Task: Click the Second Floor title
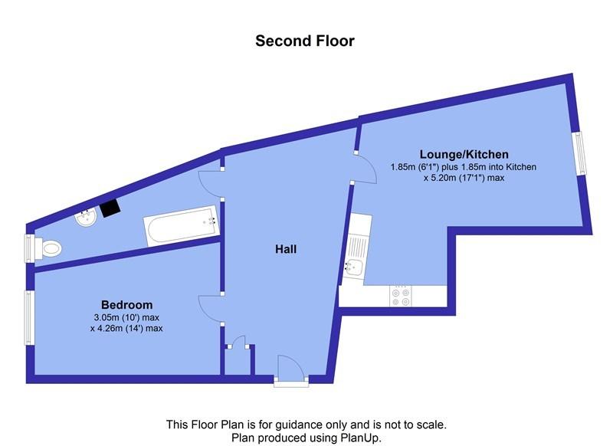point(305,41)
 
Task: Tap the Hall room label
point(286,249)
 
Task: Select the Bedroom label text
point(126,305)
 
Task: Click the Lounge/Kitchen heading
point(464,154)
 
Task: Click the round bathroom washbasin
point(86,218)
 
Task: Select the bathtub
point(182,225)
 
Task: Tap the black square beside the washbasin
point(110,208)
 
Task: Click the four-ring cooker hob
point(401,297)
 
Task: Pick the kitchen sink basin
point(353,267)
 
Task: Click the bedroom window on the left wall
point(29,317)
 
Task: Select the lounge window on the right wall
point(582,153)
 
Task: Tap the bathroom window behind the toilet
point(29,248)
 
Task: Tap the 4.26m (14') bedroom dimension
point(126,328)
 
